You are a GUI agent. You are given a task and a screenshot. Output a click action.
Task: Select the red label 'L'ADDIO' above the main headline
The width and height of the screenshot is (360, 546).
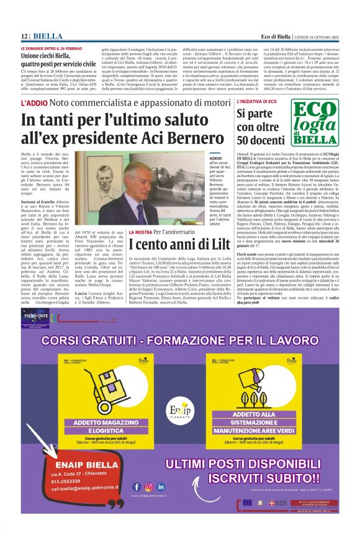[x=34, y=102]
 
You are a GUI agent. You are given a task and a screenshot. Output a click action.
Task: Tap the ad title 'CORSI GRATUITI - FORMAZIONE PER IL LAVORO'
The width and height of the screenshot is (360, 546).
[x=180, y=340]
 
